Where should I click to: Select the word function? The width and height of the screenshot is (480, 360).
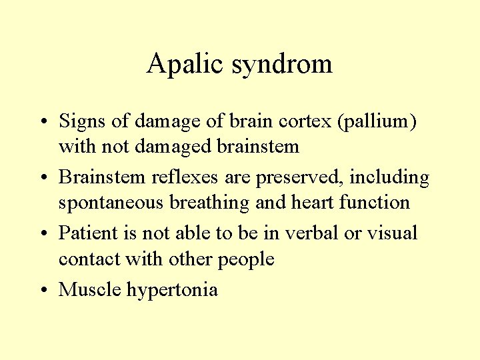[374, 201]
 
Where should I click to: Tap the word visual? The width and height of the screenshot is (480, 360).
[393, 233]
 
